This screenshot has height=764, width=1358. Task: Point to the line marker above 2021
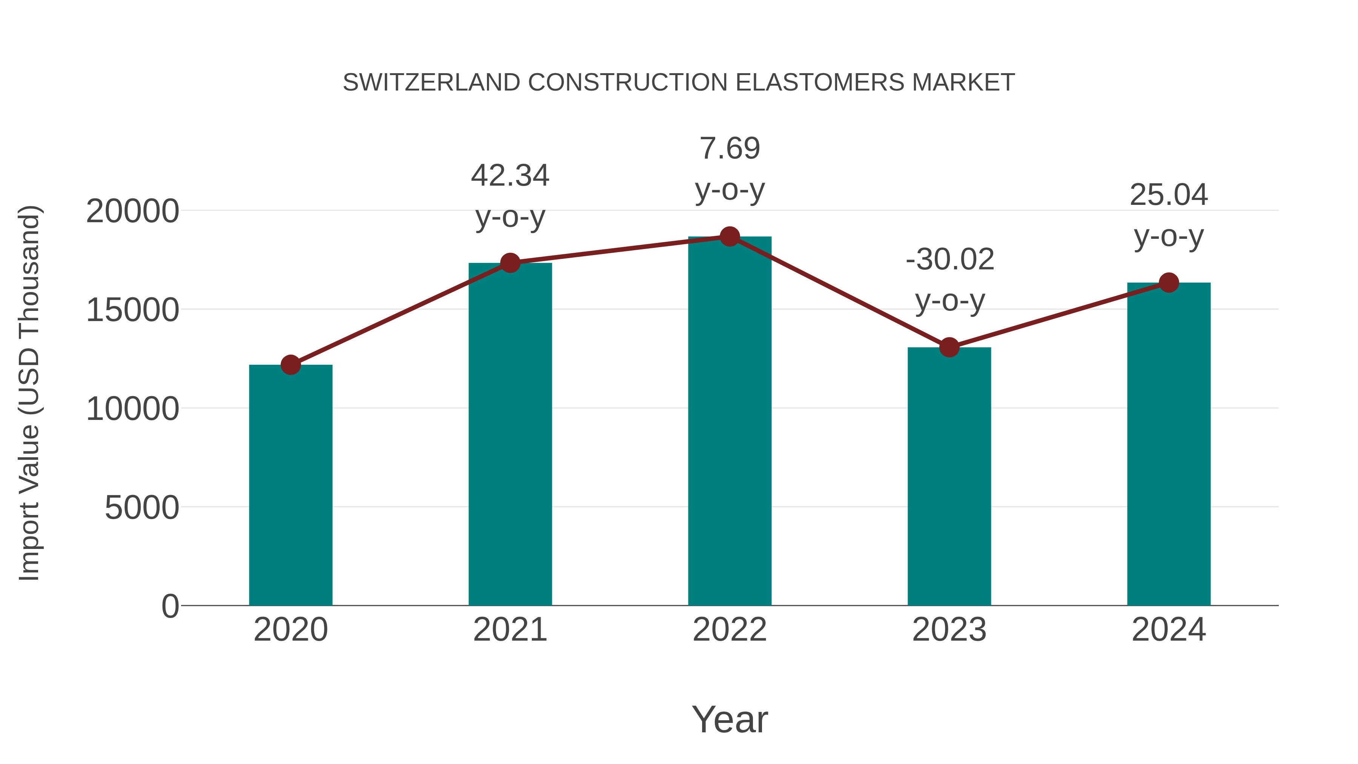[510, 263]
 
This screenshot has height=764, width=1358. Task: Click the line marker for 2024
[1169, 283]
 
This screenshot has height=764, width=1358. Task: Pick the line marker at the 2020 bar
[290, 364]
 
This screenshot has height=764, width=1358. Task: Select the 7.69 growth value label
[730, 148]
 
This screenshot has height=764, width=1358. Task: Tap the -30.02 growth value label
[949, 260]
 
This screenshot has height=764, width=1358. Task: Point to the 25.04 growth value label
[1169, 195]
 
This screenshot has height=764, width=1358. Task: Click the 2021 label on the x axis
[510, 630]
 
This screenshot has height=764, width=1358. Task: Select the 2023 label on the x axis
[949, 630]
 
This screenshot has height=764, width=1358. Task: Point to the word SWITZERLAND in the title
[431, 83]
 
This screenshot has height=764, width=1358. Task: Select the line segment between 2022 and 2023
[839, 292]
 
